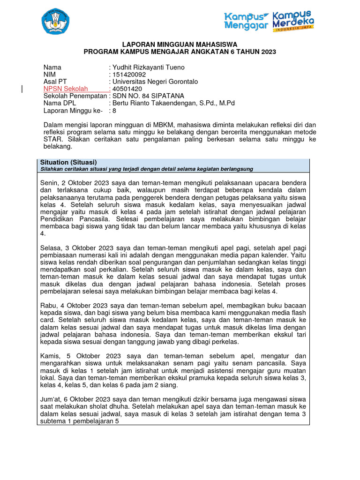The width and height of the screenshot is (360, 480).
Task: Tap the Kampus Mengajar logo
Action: [x=247, y=21]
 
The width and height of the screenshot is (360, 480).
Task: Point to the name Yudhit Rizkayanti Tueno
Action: [x=148, y=67]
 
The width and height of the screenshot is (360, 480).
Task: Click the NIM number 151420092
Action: [x=129, y=75]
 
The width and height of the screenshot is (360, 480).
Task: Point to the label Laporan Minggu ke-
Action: [x=72, y=111]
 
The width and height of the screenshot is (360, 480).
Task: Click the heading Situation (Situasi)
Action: [x=68, y=162]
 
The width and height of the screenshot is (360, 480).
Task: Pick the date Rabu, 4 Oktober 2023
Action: [x=74, y=306]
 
